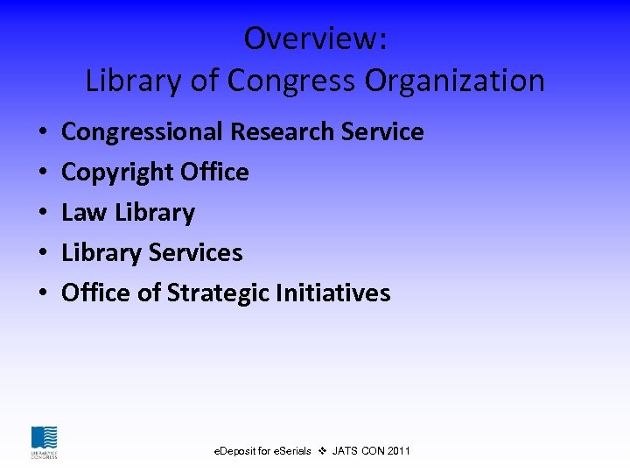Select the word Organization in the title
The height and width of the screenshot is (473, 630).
click(455, 81)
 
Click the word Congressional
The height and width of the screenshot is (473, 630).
click(143, 132)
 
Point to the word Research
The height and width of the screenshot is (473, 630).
click(286, 132)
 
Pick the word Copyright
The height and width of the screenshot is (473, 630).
click(105, 173)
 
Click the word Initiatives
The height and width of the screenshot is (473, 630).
click(333, 293)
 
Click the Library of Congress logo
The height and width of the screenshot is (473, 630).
click(44, 442)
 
